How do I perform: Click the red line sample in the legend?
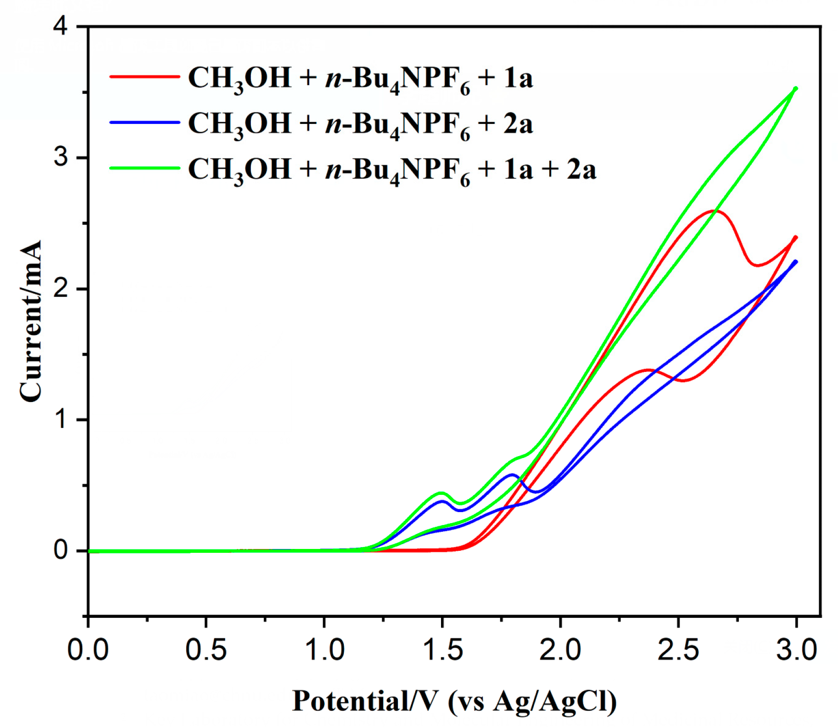click(x=145, y=77)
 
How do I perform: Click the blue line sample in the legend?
click(x=145, y=123)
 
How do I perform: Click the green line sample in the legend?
click(x=145, y=168)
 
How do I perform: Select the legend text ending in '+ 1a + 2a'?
click(x=392, y=169)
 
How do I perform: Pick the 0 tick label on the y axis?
click(x=61, y=550)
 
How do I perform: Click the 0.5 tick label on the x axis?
click(x=206, y=650)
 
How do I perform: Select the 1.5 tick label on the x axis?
click(x=442, y=650)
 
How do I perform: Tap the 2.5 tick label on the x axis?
click(x=678, y=650)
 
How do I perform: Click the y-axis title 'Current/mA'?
click(x=31, y=321)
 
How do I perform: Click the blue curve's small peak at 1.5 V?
click(x=442, y=501)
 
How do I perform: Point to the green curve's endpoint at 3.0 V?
click(x=796, y=88)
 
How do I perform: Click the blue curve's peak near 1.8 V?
click(x=512, y=475)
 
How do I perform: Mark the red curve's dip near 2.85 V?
click(x=757, y=265)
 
